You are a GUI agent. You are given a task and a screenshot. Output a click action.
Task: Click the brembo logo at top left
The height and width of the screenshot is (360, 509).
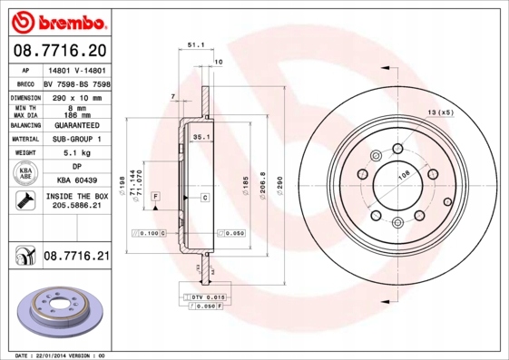(55, 18)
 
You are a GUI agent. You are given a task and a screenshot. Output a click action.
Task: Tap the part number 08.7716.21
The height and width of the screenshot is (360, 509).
(76, 258)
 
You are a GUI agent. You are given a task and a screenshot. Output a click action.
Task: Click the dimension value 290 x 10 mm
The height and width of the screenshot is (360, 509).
(76, 96)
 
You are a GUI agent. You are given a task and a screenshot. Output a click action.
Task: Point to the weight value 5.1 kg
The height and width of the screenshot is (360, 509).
(76, 153)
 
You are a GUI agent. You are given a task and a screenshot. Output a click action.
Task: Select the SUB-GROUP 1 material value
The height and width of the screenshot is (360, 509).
(76, 139)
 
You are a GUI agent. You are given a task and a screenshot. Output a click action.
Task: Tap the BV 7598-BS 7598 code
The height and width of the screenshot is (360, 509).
(76, 83)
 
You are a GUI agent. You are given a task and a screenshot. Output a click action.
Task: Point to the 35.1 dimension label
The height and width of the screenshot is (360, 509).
(201, 136)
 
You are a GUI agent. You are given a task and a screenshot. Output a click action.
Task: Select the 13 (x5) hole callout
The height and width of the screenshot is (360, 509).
(440, 112)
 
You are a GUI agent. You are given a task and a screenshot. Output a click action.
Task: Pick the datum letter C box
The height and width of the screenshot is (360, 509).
(204, 197)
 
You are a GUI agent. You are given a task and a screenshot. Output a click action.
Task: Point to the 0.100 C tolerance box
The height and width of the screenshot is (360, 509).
(148, 233)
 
